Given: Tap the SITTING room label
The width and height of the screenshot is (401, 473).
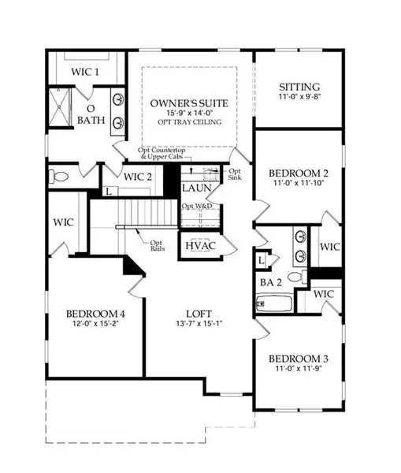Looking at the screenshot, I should pyautogui.click(x=299, y=88).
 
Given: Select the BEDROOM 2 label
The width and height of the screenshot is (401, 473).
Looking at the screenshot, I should pyautogui.click(x=298, y=174).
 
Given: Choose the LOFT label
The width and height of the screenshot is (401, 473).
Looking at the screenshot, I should pyautogui.click(x=195, y=311).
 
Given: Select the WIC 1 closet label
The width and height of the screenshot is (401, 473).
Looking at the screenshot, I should pyautogui.click(x=87, y=72).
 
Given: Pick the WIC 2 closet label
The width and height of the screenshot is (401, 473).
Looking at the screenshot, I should pyautogui.click(x=139, y=177).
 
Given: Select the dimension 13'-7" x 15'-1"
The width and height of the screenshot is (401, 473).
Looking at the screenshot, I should pyautogui.click(x=195, y=323).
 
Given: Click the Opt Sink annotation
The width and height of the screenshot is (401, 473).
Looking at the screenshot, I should pyautogui.click(x=235, y=175).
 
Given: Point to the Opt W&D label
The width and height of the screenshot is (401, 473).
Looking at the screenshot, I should pyautogui.click(x=196, y=207).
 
